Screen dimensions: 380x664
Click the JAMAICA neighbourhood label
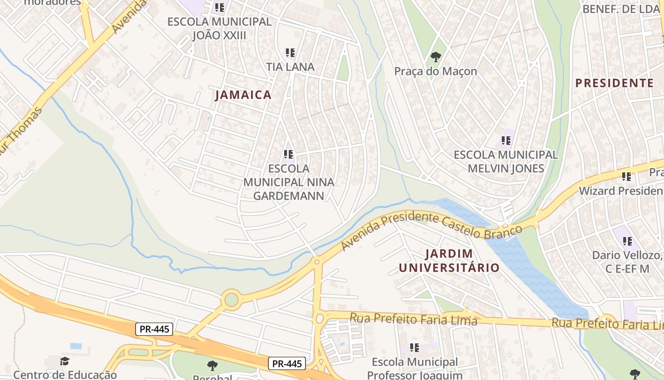243,95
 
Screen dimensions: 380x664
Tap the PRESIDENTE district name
614,83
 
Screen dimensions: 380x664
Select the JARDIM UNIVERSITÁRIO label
449,260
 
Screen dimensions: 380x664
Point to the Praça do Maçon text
435,71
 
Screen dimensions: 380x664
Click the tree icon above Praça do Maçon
435,57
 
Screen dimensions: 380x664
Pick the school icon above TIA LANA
290,53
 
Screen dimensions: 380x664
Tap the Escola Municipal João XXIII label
220,28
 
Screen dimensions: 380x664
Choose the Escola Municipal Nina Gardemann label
288,182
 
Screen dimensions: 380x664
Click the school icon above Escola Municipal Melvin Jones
506,141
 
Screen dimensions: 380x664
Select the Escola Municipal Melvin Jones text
506,161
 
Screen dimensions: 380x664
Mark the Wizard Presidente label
621,191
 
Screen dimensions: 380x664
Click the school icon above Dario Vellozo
627,241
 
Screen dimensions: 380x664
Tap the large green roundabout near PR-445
231,300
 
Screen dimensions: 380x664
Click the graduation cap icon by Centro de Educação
65,361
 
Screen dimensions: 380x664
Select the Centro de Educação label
65,374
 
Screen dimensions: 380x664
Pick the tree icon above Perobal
212,365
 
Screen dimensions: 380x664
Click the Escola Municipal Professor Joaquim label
415,369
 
